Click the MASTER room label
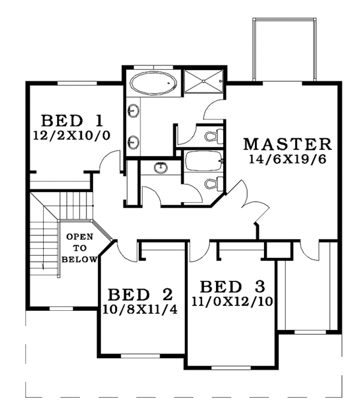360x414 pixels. [x=287, y=144]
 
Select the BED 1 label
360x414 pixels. [x=72, y=118]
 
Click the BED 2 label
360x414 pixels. [x=140, y=295]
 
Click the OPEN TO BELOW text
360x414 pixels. [x=79, y=247]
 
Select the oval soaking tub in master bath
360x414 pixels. [x=154, y=83]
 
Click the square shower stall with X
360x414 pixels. [x=203, y=83]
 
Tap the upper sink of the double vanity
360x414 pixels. [x=133, y=111]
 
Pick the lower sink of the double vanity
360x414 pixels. [x=133, y=142]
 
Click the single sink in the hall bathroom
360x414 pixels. [x=160, y=168]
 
